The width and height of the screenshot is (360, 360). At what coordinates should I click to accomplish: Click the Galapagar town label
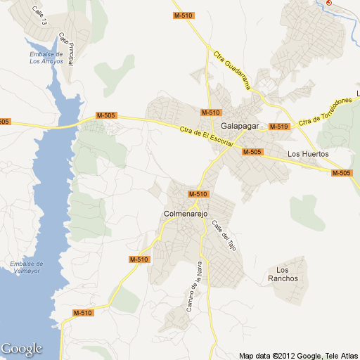pos(240,126)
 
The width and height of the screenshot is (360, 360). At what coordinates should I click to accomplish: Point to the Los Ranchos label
pos(287,274)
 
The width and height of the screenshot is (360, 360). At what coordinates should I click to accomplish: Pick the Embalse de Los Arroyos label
pos(46,58)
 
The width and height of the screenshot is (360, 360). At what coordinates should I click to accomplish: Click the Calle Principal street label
pos(67,49)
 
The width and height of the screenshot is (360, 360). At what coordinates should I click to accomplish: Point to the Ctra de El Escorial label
pos(201,134)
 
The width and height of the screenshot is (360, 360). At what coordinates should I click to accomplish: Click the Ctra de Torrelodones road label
pos(324,112)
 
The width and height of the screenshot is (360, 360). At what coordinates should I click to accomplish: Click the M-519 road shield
pos(279,127)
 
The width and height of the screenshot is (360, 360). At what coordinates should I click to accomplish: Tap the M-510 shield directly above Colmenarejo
pos(198,193)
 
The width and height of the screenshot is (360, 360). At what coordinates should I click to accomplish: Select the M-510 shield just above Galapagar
pos(211,112)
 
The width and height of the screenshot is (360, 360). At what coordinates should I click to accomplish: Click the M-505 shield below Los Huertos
pos(341,173)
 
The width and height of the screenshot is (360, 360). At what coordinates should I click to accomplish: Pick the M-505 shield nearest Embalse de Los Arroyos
pos(106,115)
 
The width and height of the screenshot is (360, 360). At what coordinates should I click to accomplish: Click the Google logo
pos(21,349)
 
